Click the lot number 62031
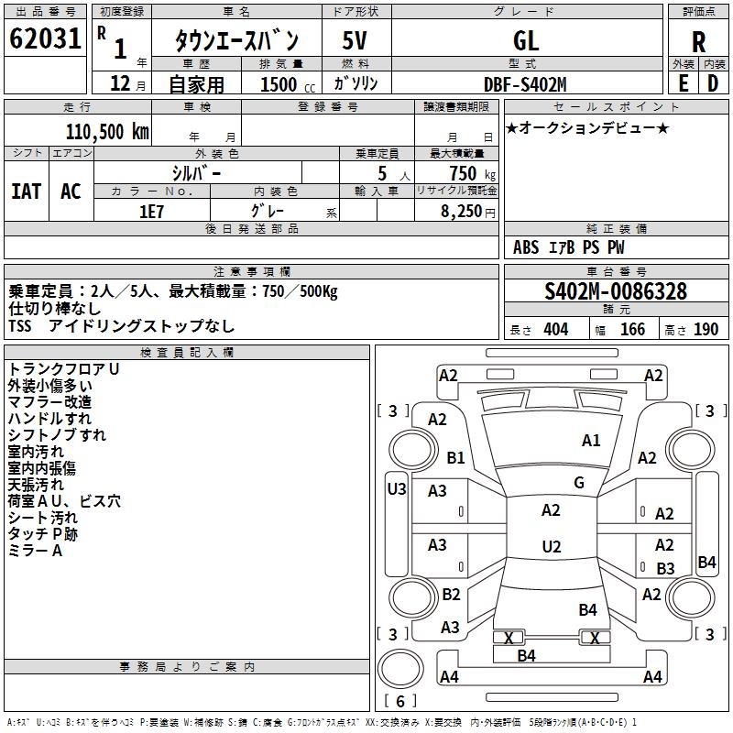point(45,38)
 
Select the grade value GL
point(526,40)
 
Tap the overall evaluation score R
point(698,42)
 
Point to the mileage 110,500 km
point(107,132)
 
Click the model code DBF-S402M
point(525,84)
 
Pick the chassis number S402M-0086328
point(616,291)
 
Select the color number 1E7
point(151,212)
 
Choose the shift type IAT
point(27,191)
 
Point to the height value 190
point(706,330)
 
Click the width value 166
point(632,330)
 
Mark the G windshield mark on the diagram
point(579,482)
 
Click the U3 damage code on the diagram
point(397,489)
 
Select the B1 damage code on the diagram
point(455,457)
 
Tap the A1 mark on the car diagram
point(591,441)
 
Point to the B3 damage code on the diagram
point(665,568)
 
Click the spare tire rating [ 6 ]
point(400,701)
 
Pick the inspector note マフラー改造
point(49,402)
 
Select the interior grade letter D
point(713,83)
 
